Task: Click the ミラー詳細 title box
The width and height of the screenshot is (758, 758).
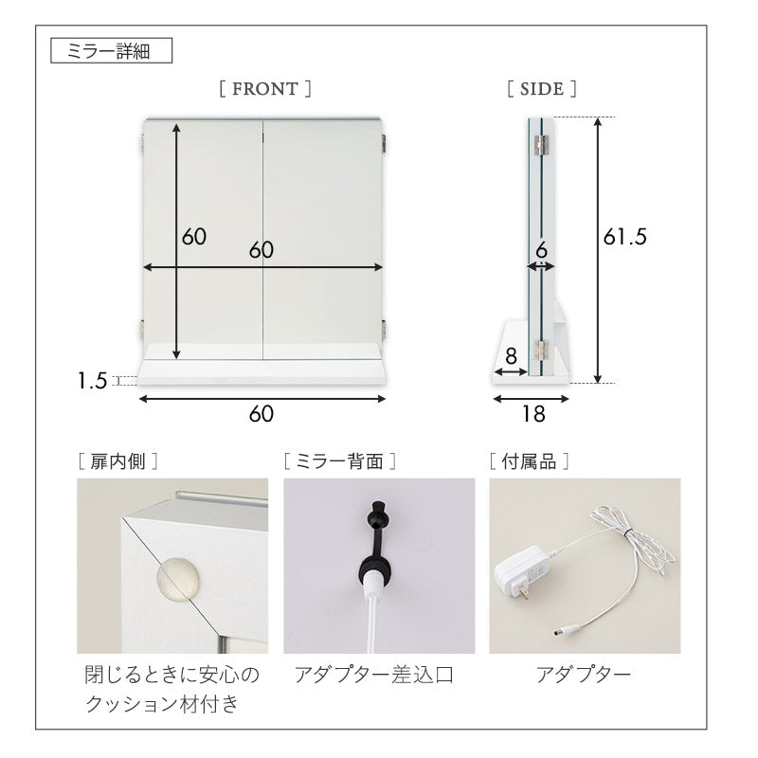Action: (x=111, y=50)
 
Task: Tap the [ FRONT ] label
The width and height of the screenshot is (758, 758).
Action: (x=264, y=89)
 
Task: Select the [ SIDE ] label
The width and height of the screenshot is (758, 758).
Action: (x=542, y=89)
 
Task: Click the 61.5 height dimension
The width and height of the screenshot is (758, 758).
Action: (x=624, y=238)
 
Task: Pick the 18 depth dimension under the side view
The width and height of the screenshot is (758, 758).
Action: (x=532, y=414)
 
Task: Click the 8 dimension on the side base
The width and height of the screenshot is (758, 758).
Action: (x=511, y=357)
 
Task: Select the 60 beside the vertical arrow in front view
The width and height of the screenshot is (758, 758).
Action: (x=194, y=237)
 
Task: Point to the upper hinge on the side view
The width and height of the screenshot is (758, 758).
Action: (x=541, y=143)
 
